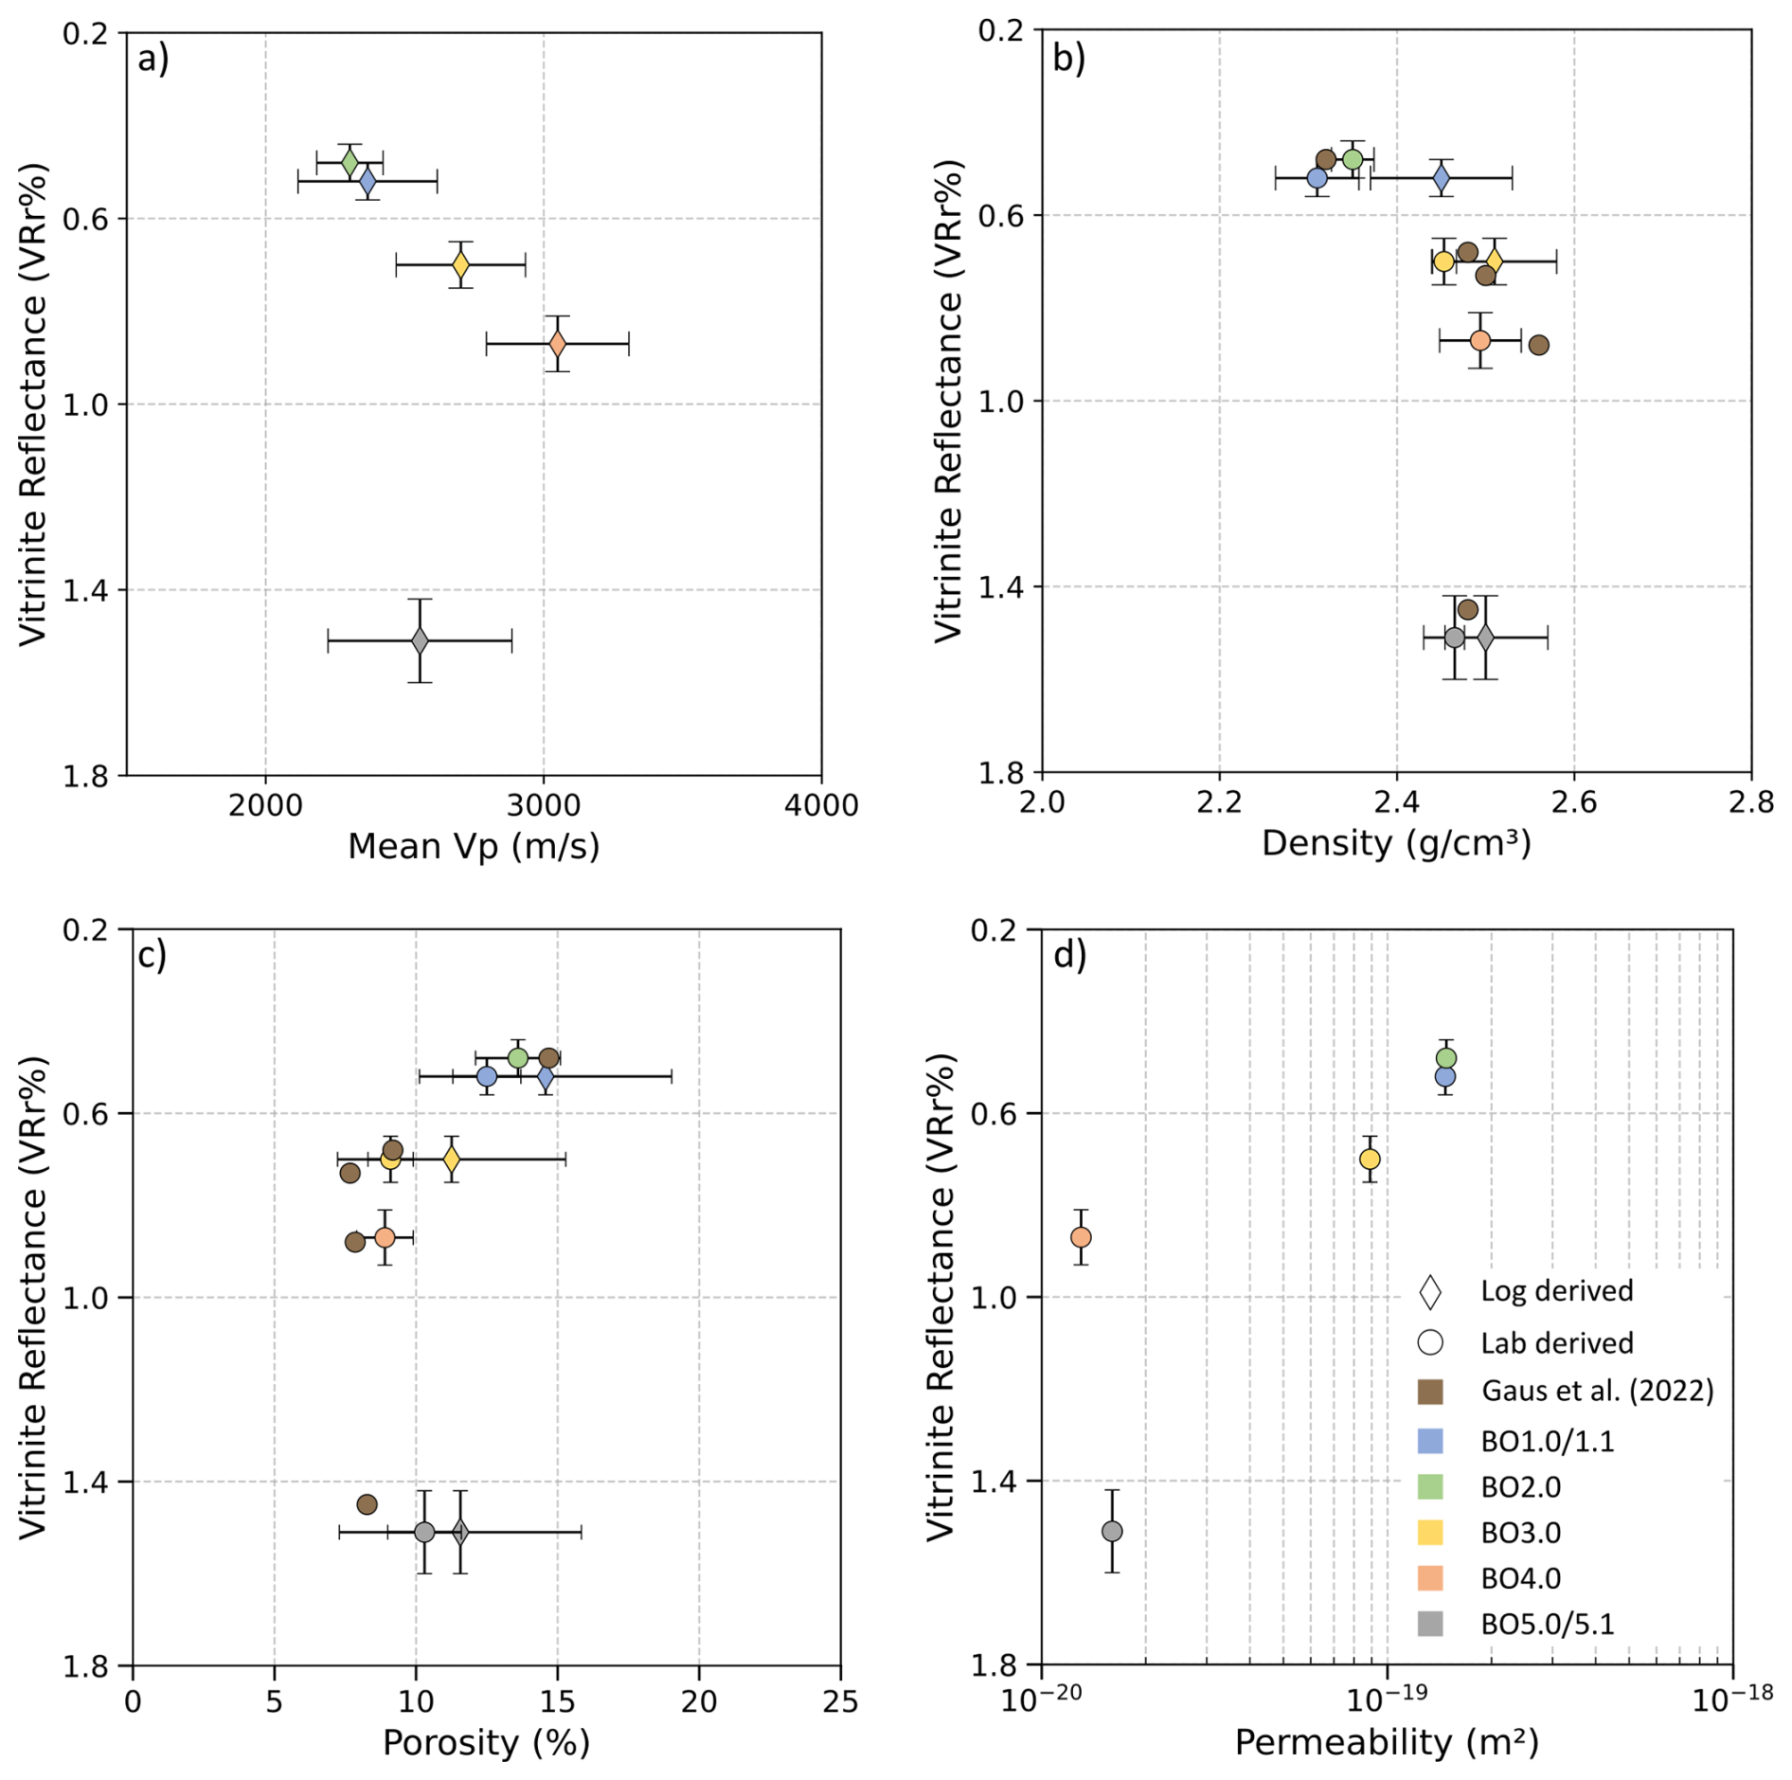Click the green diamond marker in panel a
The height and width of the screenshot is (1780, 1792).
[349, 162]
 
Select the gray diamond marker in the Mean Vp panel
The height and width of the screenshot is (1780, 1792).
[420, 641]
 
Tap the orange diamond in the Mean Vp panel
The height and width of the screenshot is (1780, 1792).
[558, 343]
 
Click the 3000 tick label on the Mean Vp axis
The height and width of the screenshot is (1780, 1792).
[543, 805]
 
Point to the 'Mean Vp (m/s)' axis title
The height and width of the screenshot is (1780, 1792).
[474, 846]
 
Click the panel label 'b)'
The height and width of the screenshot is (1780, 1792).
[1069, 59]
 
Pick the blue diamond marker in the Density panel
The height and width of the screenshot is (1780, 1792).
[1442, 177]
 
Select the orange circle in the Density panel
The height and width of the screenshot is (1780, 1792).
[1480, 340]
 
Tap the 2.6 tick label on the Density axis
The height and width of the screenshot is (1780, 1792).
[1574, 802]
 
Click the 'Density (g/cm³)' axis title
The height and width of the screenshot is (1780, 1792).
[1396, 842]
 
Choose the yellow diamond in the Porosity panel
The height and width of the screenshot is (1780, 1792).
[452, 1159]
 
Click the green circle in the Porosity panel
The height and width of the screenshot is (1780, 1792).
[518, 1058]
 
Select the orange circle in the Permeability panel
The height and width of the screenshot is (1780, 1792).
[1081, 1237]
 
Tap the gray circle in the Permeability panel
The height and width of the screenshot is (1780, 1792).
[1112, 1531]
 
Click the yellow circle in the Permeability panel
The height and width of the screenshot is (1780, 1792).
[1370, 1160]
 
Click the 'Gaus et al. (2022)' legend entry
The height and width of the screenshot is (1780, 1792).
[1597, 1391]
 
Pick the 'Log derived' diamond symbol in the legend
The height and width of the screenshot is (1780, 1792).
[1430, 1292]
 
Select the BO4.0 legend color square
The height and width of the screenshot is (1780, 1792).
[1430, 1578]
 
